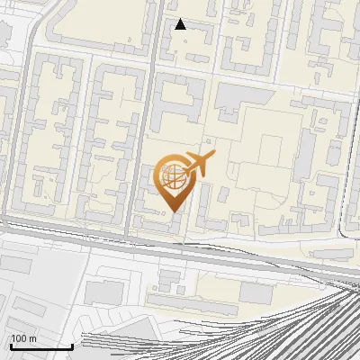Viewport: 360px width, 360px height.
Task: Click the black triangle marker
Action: (181, 24)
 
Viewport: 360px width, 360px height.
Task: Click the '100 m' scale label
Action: (23, 338)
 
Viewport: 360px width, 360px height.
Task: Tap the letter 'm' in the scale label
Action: (32, 338)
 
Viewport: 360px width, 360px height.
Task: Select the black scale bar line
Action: (41, 346)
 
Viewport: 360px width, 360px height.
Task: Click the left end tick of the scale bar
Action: (10, 345)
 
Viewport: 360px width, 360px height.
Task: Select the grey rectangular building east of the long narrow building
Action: (256, 293)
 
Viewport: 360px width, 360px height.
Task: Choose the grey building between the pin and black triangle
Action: (180, 99)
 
